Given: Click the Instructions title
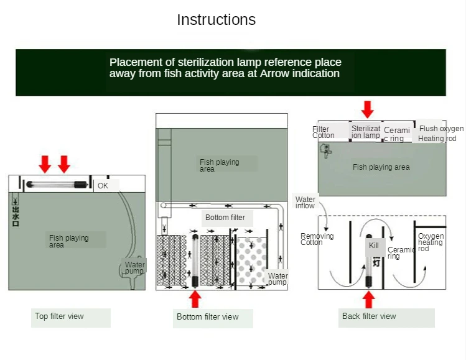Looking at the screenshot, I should [216, 20].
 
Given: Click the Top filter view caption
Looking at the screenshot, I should [59, 316].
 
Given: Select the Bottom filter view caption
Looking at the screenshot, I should [208, 317].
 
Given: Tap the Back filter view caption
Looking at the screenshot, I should [369, 316].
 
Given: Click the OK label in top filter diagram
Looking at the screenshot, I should [103, 185].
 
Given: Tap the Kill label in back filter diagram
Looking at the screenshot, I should [374, 246].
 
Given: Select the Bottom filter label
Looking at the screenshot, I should [225, 218].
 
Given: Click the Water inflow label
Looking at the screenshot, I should [305, 202].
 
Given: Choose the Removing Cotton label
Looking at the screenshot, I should [317, 239].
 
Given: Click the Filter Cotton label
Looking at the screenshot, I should [323, 132].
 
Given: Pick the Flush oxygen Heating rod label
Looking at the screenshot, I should [440, 134].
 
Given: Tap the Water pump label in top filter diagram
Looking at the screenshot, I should [134, 268].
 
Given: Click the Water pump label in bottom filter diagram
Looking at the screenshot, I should [277, 279].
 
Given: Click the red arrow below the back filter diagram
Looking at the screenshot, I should [368, 300].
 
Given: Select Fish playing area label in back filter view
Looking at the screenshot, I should [381, 167].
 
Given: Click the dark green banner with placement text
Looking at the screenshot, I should [231, 72].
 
